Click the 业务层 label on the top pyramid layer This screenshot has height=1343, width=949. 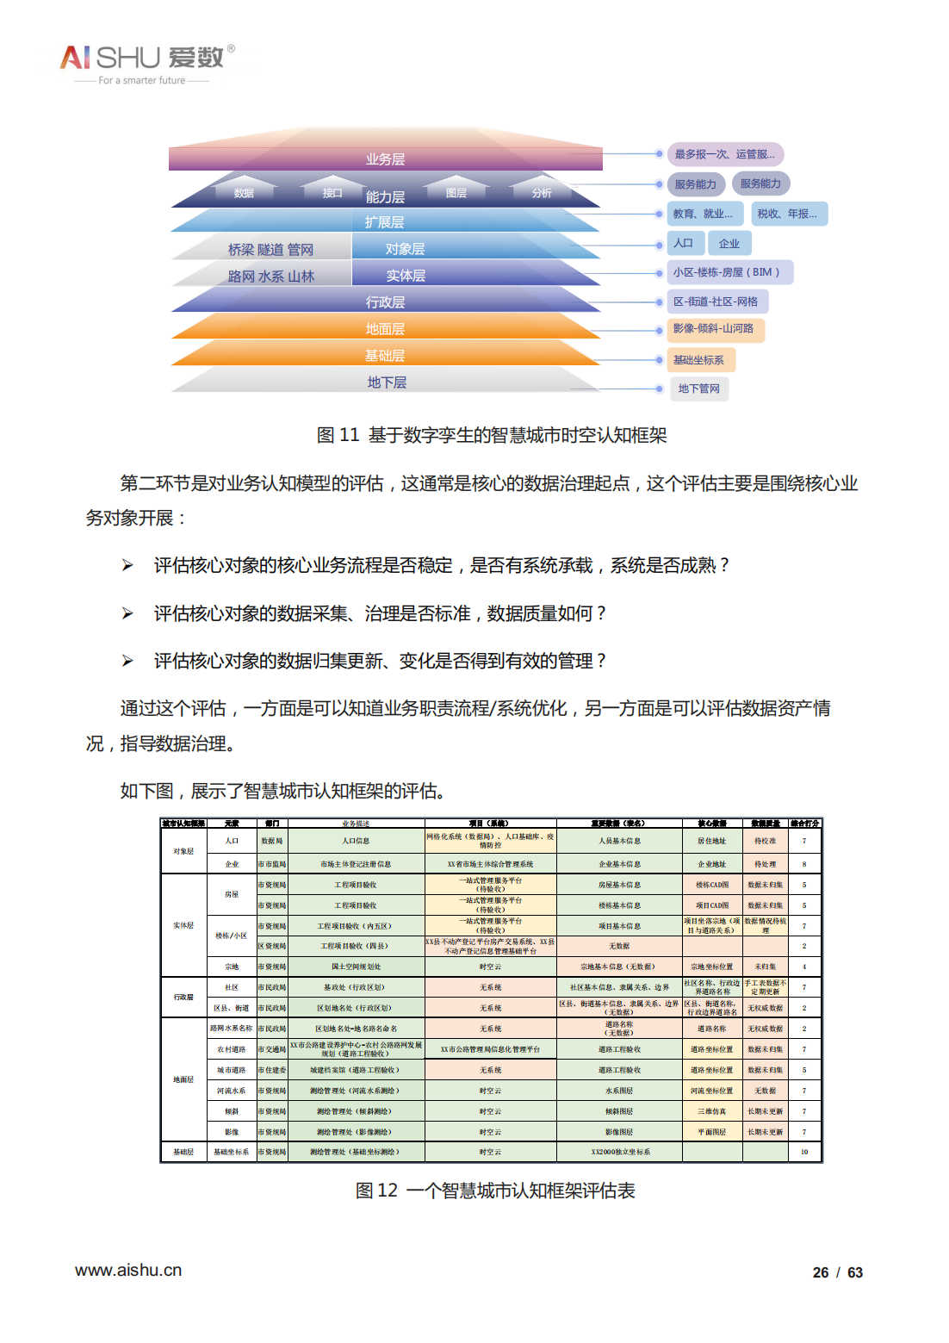[385, 159]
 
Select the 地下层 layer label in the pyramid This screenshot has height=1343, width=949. [387, 382]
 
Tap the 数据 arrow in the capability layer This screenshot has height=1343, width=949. [244, 192]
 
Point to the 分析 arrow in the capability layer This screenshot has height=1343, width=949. [542, 192]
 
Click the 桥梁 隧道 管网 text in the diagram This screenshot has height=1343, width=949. [270, 250]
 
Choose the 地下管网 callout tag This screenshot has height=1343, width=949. [698, 389]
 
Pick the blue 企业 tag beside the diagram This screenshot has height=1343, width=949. [729, 244]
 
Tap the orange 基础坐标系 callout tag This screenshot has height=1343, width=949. [698, 360]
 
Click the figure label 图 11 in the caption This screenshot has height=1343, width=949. [338, 435]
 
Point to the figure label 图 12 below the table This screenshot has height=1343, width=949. [376, 1191]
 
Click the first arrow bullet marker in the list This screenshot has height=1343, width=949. [127, 565]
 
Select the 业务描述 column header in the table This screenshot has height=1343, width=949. [356, 824]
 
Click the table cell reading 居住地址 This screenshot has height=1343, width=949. [711, 841]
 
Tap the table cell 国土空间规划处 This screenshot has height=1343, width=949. [356, 967]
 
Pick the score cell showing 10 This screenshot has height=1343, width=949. [804, 1152]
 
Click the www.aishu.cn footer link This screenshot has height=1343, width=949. [128, 1271]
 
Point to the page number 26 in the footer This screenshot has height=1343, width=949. [821, 1272]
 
